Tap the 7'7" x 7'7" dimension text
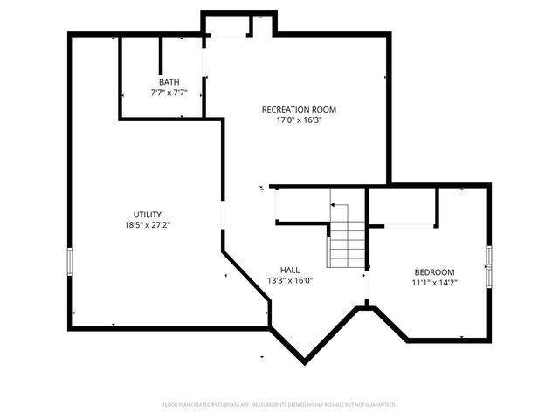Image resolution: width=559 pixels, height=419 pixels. [169, 92]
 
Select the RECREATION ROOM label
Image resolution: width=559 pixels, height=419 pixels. [299, 109]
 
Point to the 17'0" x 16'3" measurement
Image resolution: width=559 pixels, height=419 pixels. [299, 120]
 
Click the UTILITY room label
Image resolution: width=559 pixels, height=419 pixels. [147, 214]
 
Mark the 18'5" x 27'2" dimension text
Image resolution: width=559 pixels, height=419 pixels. [147, 225]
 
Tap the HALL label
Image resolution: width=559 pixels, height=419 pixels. [290, 270]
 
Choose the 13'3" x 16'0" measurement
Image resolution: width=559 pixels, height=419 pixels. [290, 281]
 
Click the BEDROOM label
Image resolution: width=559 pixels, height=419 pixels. [434, 271]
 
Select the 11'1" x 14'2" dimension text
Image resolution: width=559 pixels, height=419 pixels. [434, 283]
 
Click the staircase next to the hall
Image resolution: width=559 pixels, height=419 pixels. [346, 236]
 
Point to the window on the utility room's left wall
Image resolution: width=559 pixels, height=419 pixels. [71, 261]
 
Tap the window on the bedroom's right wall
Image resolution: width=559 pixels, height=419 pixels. [489, 266]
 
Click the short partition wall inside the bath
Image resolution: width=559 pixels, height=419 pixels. [161, 54]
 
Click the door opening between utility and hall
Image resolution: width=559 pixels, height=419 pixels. [223, 214]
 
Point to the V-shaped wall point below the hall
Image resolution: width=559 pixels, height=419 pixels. [305, 361]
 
